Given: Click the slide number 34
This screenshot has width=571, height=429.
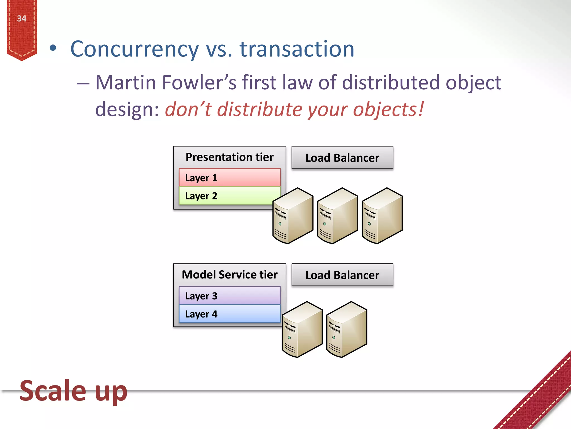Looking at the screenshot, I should (22, 19).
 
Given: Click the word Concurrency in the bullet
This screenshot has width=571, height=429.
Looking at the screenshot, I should (134, 49).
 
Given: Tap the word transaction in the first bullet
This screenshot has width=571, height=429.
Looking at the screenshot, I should (297, 49).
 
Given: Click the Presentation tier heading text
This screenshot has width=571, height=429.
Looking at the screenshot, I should (229, 157).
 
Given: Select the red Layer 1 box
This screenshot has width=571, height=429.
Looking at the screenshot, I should (229, 178).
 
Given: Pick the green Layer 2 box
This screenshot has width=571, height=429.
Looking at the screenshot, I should (226, 196).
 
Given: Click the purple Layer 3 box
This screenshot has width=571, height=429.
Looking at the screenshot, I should (229, 296).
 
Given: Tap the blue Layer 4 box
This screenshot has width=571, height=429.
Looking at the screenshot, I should (229, 314).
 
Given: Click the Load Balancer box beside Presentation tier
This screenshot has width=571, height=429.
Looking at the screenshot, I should (342, 158).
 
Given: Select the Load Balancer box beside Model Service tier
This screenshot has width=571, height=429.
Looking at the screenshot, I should (342, 275).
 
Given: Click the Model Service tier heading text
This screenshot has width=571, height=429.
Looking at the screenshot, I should (229, 275).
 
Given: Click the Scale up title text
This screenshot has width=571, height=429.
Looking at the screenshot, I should (73, 391).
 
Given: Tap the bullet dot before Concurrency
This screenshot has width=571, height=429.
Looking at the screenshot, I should (53, 49).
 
